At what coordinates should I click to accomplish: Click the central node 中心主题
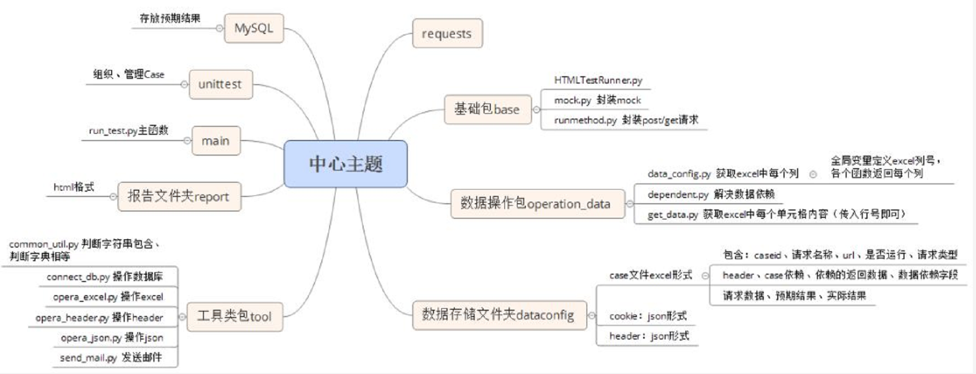click(345, 163)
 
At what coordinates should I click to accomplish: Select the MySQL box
click(254, 28)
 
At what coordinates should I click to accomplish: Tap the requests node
click(447, 33)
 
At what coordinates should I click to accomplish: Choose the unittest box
click(220, 84)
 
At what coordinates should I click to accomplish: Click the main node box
click(215, 141)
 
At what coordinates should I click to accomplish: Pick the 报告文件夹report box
click(179, 196)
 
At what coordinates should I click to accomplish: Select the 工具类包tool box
click(234, 316)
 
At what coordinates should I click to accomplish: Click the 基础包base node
click(487, 109)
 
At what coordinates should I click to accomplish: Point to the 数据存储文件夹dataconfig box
click(498, 314)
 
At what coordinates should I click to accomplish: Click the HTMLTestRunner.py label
click(598, 80)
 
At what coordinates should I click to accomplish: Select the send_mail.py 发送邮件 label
click(111, 357)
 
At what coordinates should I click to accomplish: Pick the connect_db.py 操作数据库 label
click(104, 276)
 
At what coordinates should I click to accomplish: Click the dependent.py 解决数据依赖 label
click(710, 194)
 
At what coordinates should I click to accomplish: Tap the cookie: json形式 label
click(647, 316)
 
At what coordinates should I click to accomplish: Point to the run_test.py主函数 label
click(128, 130)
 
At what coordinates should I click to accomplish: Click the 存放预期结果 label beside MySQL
click(170, 18)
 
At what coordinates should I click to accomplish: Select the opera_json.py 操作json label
click(112, 337)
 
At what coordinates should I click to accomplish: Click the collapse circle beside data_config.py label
click(813, 174)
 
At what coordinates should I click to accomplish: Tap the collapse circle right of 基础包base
click(536, 110)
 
